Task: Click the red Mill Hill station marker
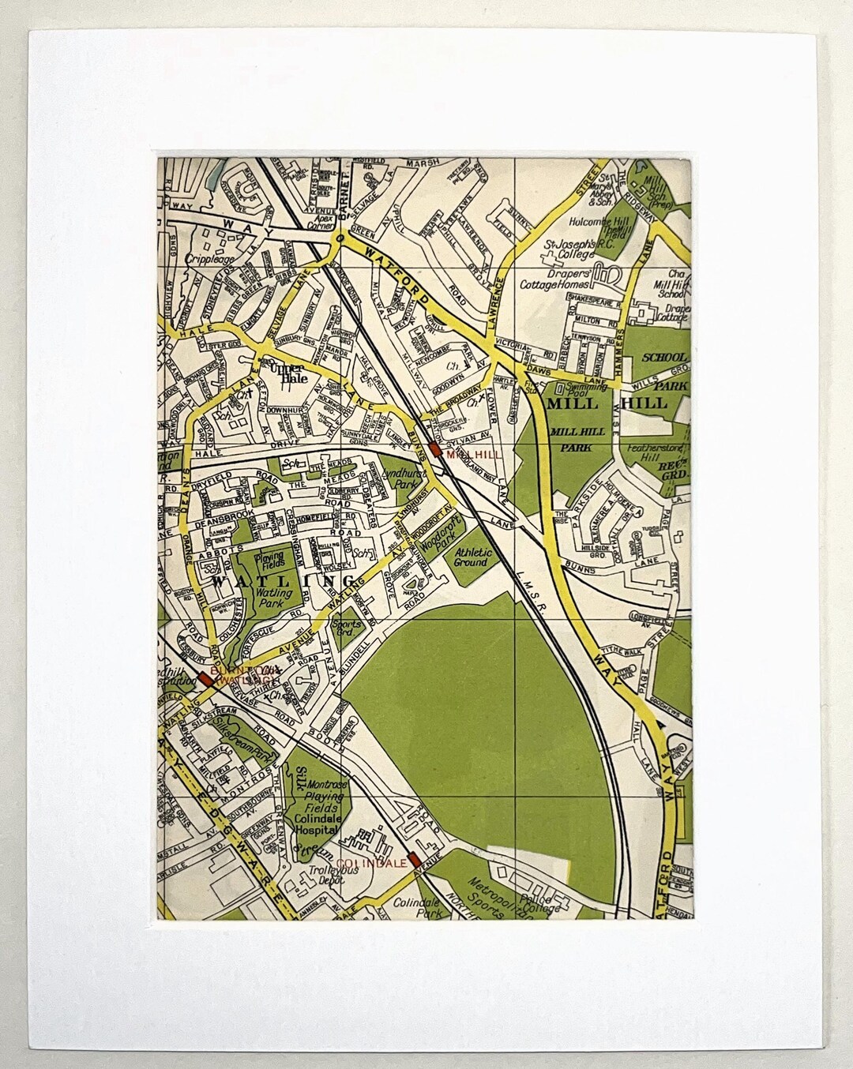click(x=435, y=450)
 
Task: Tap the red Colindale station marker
click(x=412, y=862)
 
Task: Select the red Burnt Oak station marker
click(x=206, y=677)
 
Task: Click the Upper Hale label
click(x=285, y=372)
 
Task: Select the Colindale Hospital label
click(x=318, y=825)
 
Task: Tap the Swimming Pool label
click(x=584, y=390)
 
